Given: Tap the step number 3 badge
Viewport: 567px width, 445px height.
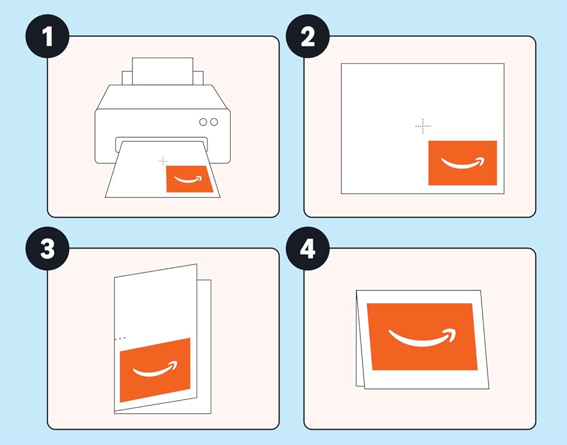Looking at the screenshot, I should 47,249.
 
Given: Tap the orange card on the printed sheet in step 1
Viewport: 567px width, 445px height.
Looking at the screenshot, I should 189,179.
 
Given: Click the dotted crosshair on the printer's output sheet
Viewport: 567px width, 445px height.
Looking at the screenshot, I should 162,161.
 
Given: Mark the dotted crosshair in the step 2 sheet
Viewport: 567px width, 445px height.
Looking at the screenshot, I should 423,126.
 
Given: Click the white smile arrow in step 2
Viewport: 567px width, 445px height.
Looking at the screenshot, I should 462,164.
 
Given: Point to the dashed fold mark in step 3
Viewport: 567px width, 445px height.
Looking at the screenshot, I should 120,338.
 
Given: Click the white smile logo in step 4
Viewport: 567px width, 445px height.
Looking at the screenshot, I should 421,337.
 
